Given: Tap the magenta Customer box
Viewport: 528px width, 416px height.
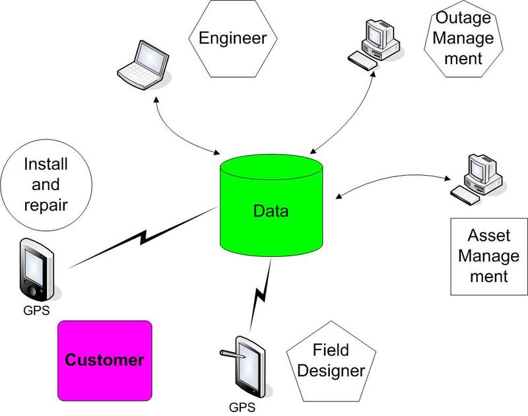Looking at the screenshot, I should point(106,360).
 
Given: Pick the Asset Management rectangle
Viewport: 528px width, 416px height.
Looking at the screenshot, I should point(487,256).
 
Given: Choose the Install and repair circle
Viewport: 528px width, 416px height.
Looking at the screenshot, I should point(46,184).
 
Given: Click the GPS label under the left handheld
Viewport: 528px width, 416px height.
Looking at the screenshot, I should point(36,308).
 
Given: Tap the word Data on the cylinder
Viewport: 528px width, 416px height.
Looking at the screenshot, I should point(271,212).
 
